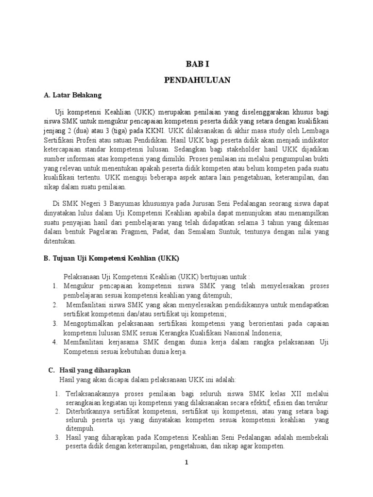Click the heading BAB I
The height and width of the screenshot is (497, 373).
[197, 64]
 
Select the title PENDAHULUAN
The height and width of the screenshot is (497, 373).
[197, 80]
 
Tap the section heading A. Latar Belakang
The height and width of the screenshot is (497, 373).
[73, 95]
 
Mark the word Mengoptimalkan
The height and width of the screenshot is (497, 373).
[91, 323]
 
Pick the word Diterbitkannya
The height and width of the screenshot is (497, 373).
[89, 412]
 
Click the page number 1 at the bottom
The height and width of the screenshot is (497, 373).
[186, 462]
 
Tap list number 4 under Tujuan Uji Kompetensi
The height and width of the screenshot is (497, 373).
[55, 342]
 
